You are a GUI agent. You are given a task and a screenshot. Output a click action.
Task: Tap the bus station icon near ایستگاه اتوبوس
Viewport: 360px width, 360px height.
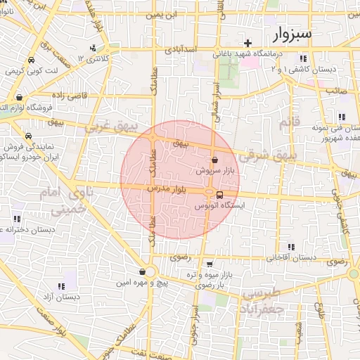click(220, 195)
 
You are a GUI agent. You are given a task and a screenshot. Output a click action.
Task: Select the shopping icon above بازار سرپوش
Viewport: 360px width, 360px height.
click(214, 160)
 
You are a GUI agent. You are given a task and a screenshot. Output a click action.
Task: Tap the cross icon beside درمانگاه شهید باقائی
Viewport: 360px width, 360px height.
click(248, 44)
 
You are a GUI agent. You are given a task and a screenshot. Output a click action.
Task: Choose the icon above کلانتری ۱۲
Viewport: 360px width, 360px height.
click(93, 49)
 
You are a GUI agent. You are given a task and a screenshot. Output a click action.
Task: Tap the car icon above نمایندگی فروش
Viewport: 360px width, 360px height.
click(27, 136)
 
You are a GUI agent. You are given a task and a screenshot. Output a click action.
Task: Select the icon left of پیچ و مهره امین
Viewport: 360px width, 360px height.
click(143, 272)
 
